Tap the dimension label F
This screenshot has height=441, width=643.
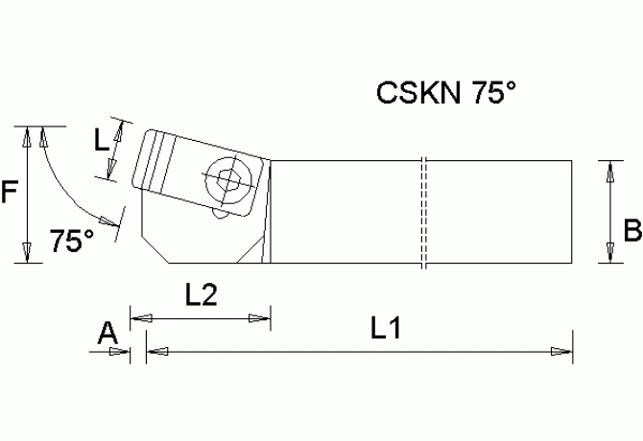(x=11, y=194)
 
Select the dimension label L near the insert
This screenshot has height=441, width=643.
(x=101, y=141)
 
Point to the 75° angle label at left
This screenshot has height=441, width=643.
(x=72, y=242)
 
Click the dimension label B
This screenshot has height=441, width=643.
(x=631, y=231)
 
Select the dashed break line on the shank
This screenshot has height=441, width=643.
(x=422, y=211)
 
